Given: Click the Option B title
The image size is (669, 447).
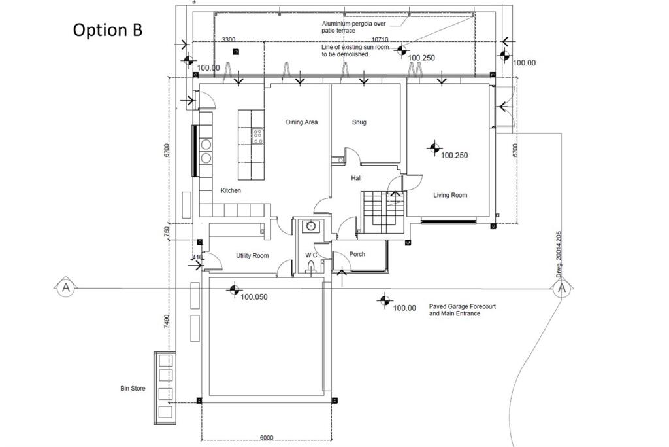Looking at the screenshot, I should coord(107,30).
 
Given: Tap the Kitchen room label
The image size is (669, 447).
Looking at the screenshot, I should coord(231,191).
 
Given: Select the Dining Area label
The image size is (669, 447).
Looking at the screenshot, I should coord(302,122).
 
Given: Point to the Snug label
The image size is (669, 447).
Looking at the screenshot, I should coord(359,122).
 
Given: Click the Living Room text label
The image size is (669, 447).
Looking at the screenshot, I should coord(450,195).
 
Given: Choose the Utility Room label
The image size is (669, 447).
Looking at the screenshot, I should coord(252,256).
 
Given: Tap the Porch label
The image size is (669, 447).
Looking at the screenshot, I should coord(357,254).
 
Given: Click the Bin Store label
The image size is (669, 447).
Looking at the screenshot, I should coord(133,389).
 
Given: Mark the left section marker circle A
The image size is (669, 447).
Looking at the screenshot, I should coord(64,287).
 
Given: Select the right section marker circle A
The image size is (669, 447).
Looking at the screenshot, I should coord(562,288).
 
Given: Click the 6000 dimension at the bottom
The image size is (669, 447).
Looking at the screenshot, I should coord(267,438).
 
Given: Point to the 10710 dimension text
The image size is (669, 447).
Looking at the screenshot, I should coord(380,40).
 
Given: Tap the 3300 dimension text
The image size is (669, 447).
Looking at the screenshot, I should coord(229,40).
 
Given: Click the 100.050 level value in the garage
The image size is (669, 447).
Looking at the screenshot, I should coord(254,297).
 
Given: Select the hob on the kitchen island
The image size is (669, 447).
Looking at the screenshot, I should coord(258,135).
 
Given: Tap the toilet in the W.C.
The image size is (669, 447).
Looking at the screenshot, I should coord(311,266).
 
